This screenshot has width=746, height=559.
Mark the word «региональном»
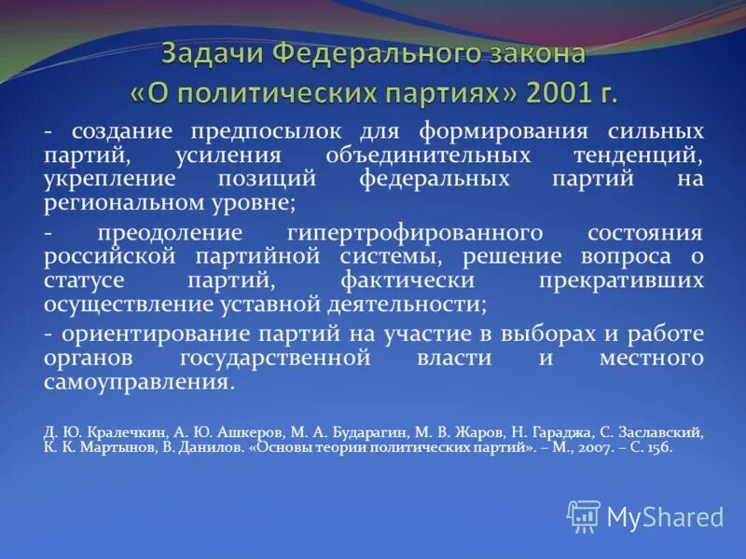[118, 201]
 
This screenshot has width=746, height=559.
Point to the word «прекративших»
[621, 279]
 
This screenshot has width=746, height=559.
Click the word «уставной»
[263, 303]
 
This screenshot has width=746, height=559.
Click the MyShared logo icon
[584, 515]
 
